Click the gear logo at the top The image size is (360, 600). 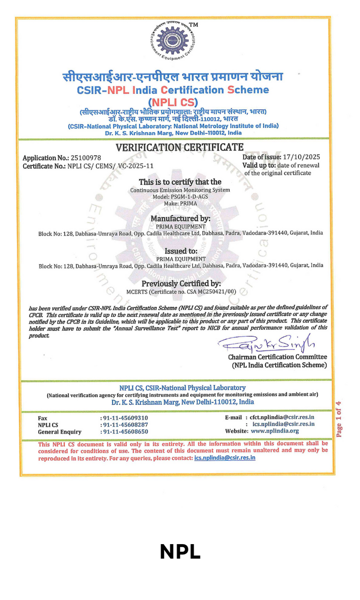[172, 41]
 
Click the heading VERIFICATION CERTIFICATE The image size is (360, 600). [179, 147]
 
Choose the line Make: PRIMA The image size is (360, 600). [180, 204]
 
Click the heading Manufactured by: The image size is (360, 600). [180, 219]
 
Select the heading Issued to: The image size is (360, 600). [181, 251]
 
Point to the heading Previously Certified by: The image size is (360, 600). [181, 284]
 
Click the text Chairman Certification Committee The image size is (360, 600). [277, 357]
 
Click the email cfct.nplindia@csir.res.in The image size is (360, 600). [282, 417]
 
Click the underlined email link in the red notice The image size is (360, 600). [225, 458]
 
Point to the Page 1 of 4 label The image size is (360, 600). [339, 419]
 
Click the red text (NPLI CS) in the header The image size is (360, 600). [173, 102]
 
